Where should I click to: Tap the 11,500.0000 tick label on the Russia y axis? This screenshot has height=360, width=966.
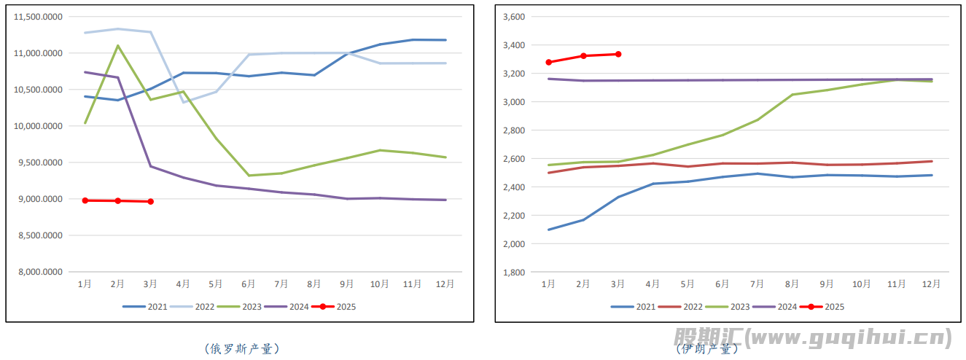pos(39,17)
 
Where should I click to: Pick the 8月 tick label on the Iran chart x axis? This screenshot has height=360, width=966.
pos(792,284)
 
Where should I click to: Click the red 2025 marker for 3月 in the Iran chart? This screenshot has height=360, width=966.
pos(618,54)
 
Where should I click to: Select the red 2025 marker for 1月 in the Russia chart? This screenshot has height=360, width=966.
pos(85,200)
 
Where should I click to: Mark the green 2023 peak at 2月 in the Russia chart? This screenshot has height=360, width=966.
pos(118,46)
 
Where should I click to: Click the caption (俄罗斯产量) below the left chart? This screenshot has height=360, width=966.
pos(241,349)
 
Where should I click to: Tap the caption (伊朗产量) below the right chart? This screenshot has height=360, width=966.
pos(707,349)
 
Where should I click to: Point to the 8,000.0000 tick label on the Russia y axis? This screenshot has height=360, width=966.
pos(39,272)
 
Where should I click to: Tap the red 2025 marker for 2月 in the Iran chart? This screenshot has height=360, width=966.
pos(583,56)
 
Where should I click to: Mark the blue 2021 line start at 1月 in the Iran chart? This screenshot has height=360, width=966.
pos(549,230)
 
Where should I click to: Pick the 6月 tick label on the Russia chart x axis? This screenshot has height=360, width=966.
pos(249,284)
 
